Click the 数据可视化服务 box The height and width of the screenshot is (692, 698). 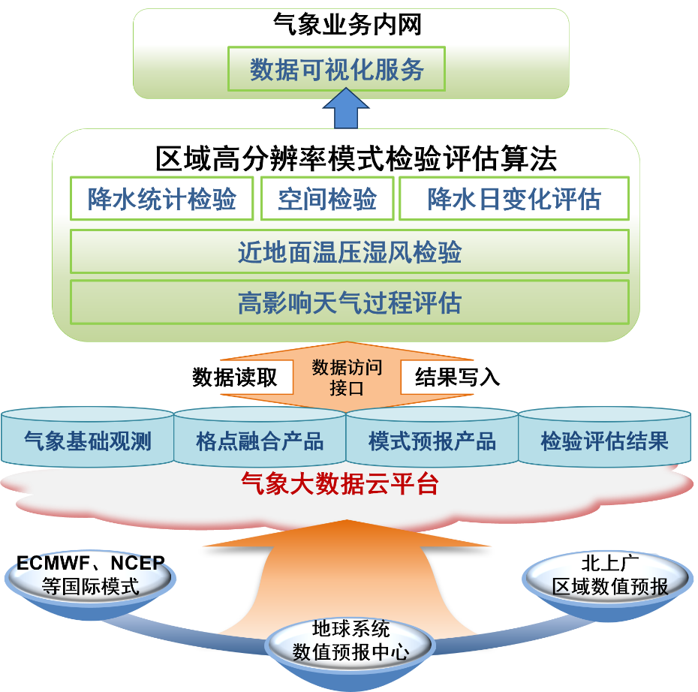337,69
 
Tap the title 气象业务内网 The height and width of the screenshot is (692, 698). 348,25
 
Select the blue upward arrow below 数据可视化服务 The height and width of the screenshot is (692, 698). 346,109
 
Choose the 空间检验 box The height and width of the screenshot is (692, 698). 326,199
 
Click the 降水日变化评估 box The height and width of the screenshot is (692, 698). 514,199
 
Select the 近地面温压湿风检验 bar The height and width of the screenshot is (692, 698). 349,252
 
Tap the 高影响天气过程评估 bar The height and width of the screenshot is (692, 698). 349,303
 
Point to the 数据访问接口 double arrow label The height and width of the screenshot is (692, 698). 347,378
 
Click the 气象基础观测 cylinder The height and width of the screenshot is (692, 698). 88,441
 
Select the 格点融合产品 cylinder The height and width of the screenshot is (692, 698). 260,441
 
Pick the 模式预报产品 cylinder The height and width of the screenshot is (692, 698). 432,441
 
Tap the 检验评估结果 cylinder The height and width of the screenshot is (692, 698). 604,441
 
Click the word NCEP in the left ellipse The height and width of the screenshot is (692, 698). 140,564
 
